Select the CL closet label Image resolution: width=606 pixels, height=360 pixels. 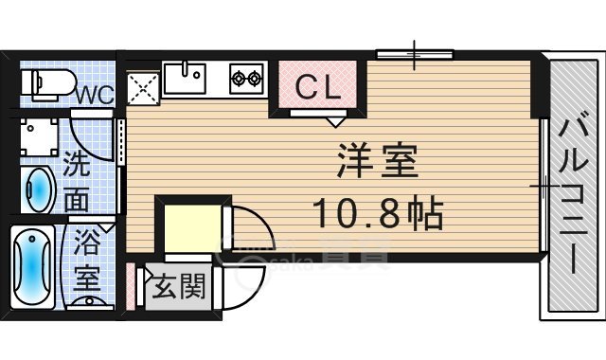coord(316,86)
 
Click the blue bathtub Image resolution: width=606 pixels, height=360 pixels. coord(35,266)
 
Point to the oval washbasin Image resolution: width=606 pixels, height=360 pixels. coord(39,190)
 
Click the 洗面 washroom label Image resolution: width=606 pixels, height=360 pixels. coord(79,182)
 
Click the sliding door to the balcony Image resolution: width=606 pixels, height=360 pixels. coord(543,186)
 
